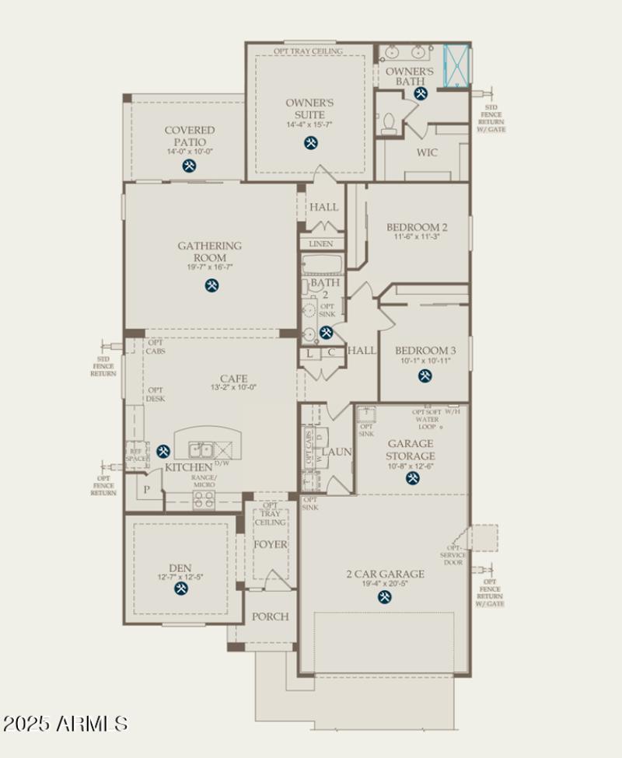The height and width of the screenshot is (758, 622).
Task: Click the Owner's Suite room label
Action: [309, 108]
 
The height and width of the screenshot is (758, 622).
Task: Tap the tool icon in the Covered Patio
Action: [189, 166]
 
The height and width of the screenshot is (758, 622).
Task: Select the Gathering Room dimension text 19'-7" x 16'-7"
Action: [210, 267]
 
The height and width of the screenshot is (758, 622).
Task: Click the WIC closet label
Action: [427, 152]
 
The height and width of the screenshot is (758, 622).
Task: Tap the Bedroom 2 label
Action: [417, 227]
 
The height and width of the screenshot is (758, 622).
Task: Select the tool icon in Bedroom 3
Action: [425, 376]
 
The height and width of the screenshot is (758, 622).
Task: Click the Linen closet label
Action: [320, 244]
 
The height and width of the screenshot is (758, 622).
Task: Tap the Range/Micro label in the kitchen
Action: [204, 481]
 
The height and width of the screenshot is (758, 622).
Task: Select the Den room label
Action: [180, 568]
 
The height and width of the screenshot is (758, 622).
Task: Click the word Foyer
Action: [271, 544]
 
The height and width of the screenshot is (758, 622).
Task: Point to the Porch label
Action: [270, 617]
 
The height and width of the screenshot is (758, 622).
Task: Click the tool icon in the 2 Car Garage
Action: [384, 596]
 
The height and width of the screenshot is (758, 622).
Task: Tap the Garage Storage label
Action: [411, 450]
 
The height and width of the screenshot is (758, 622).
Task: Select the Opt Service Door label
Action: [453, 555]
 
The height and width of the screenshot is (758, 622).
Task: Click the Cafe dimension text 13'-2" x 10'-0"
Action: [233, 387]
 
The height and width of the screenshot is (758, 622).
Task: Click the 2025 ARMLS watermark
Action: [65, 724]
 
